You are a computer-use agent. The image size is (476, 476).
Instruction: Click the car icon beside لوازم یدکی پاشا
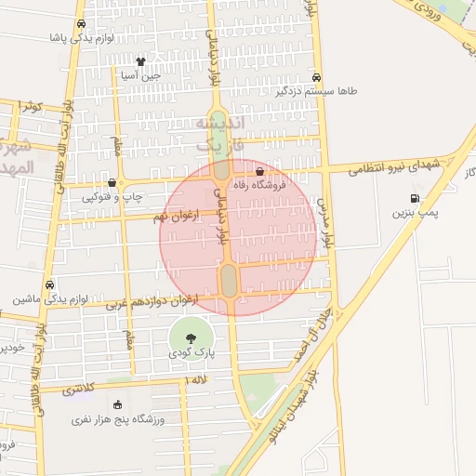click(81, 23)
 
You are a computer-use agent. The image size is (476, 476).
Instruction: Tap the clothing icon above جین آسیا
click(140, 61)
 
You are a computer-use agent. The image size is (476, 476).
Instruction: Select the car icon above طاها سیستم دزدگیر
click(318, 78)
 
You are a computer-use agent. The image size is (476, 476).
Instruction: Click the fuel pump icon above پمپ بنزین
click(414, 198)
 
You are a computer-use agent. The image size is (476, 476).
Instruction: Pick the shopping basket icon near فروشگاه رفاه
click(259, 172)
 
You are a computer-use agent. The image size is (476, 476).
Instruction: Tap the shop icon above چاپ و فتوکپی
click(112, 182)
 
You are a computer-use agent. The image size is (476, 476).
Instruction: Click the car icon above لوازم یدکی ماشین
click(49, 284)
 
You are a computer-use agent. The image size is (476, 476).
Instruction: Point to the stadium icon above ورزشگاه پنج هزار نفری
click(117, 404)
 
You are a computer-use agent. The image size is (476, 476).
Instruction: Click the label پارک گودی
click(192, 354)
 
